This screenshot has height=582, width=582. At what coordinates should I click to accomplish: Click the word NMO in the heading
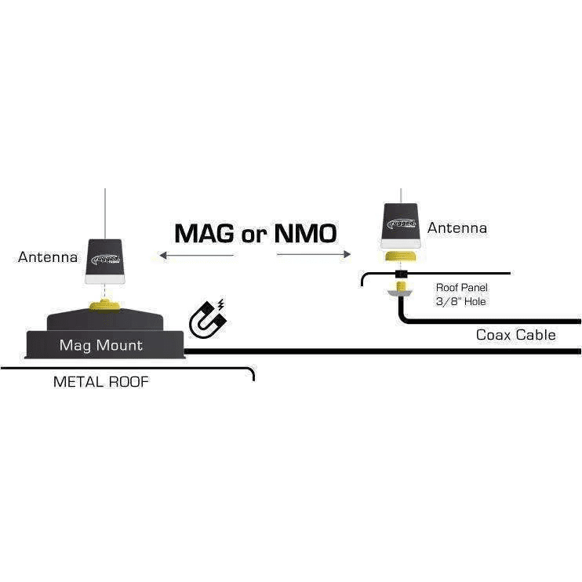tap(306, 233)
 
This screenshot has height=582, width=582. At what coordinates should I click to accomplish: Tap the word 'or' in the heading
tap(254, 235)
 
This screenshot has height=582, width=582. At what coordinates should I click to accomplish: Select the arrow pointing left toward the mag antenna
tap(195, 255)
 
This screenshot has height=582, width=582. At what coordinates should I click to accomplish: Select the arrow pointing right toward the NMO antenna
tap(314, 254)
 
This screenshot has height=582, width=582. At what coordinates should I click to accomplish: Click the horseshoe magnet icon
tap(207, 318)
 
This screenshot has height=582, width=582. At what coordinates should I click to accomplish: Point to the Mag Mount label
tap(101, 345)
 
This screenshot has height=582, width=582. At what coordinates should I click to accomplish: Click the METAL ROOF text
tap(100, 382)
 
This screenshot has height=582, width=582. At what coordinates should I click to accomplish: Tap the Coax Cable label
tap(515, 335)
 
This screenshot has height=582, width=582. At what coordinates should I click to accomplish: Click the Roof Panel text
tap(461, 288)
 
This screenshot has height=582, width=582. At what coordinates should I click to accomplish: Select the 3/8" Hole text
tap(461, 301)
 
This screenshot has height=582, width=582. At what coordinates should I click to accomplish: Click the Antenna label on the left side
tap(47, 256)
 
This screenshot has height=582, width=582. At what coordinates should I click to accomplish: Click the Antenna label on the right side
tap(457, 228)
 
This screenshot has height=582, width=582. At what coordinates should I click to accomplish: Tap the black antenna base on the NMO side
tap(403, 224)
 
